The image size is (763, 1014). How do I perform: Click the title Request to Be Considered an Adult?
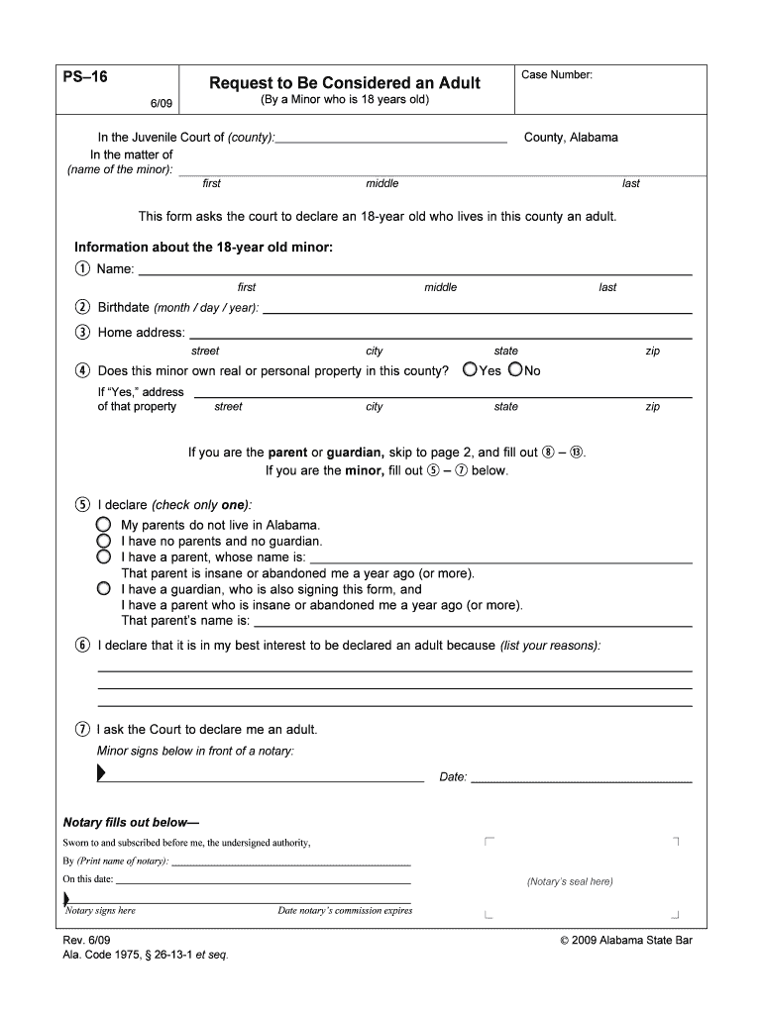pyautogui.click(x=344, y=83)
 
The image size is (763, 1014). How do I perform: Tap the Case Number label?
pyautogui.click(x=557, y=75)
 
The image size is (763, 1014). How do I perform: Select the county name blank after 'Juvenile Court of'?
pyautogui.click(x=391, y=139)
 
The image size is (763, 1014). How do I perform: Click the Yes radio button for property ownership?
pyautogui.click(x=470, y=370)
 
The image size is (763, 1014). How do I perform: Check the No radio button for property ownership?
pyautogui.click(x=514, y=370)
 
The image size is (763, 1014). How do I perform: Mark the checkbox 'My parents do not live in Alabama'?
pyautogui.click(x=103, y=525)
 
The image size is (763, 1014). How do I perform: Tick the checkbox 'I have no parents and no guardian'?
pyautogui.click(x=103, y=542)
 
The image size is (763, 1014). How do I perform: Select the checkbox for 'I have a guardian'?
pyautogui.click(x=103, y=588)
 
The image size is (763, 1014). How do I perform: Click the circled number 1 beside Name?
pyautogui.click(x=82, y=270)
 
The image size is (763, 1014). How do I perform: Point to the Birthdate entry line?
pyautogui.click(x=477, y=309)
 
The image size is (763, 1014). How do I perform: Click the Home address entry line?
pyautogui.click(x=440, y=335)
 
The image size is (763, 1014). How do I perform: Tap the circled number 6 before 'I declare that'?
pyautogui.click(x=82, y=646)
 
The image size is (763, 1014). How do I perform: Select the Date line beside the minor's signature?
pyautogui.click(x=581, y=778)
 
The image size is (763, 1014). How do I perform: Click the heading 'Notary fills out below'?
pyautogui.click(x=131, y=822)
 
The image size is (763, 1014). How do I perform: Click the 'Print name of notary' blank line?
pyautogui.click(x=291, y=862)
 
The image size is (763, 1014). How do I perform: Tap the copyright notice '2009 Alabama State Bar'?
pyautogui.click(x=625, y=941)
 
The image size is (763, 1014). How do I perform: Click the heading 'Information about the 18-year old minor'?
pyautogui.click(x=203, y=247)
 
